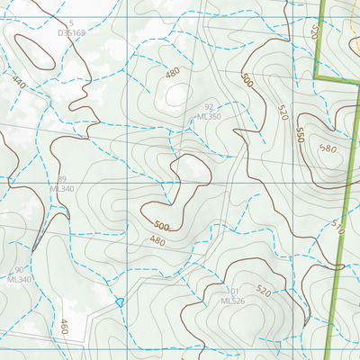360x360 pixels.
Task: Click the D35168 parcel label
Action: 70,32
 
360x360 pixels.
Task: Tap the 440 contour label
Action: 19,81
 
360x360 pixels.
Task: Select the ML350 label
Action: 209,117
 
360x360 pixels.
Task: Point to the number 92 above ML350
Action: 209,107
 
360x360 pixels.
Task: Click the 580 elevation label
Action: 327,149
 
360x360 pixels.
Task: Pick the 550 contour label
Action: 299,134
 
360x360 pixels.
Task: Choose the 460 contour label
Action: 65,326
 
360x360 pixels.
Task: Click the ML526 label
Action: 232,301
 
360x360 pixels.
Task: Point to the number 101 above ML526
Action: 232,291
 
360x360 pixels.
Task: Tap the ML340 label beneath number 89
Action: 61,189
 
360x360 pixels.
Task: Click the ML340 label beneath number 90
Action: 18,279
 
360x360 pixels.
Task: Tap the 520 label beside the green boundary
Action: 314,32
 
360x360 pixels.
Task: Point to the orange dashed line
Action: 346,36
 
